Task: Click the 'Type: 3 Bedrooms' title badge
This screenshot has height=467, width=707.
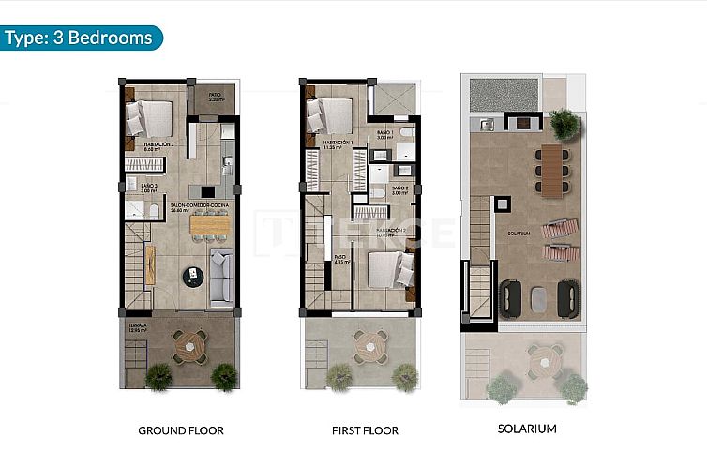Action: coord(81,38)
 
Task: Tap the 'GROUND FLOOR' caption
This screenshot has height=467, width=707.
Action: coord(180,430)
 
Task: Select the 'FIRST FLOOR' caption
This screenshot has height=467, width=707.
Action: coord(365,430)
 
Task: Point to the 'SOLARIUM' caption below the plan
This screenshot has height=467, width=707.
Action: coord(528,429)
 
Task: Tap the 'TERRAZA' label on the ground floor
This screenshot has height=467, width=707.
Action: coord(137,324)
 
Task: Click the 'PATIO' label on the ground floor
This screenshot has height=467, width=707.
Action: coord(215,96)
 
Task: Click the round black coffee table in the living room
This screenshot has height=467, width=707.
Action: coord(193,276)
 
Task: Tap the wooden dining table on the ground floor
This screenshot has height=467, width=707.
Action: coord(209,225)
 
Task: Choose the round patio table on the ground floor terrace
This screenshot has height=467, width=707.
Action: coord(189,344)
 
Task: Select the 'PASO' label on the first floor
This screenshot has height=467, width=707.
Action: coord(340,258)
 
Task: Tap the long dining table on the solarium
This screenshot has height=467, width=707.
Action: coord(550,169)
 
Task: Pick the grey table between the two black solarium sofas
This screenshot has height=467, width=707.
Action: coord(539,299)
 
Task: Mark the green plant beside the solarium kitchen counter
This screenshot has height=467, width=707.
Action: coord(564,123)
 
